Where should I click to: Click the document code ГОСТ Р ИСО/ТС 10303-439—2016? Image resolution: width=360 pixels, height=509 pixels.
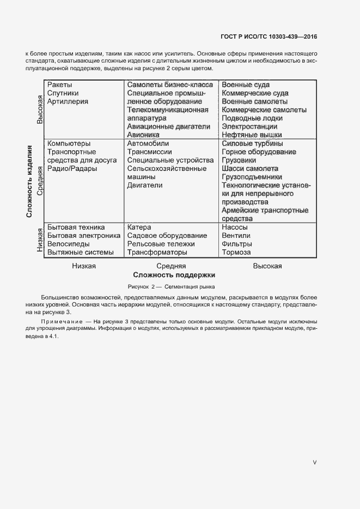click(x=269, y=37)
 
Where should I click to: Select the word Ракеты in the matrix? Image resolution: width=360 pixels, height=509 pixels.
click(x=59, y=85)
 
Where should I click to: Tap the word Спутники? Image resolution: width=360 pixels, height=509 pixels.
click(x=63, y=93)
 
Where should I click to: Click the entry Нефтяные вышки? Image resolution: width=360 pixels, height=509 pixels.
click(x=252, y=134)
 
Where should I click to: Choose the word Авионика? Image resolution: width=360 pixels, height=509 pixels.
click(x=143, y=134)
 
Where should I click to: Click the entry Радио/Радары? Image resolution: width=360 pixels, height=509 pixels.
click(x=72, y=168)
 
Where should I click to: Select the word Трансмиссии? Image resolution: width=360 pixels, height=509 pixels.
click(x=149, y=152)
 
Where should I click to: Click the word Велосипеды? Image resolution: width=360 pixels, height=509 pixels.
click(x=68, y=244)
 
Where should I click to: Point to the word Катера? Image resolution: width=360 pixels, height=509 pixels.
click(x=139, y=227)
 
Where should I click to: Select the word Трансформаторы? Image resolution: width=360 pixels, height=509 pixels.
click(x=157, y=252)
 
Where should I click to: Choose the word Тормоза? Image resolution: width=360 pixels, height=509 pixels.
click(x=236, y=252)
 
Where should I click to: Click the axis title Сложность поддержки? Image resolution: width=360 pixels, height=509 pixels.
click(x=174, y=275)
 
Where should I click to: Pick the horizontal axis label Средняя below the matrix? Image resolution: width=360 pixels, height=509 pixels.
click(x=171, y=266)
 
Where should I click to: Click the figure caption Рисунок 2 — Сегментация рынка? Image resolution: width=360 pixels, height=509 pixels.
click(x=172, y=286)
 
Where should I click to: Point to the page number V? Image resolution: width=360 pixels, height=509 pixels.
click(x=314, y=462)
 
